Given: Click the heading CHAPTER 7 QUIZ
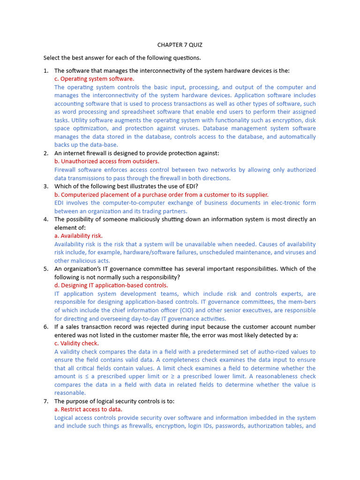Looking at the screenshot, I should pyautogui.click(x=180, y=45).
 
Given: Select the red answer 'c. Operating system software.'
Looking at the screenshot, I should pyautogui.click(x=94, y=79).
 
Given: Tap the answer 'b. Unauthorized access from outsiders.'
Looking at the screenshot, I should pyautogui.click(x=106, y=161).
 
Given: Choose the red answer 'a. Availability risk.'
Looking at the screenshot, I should pyautogui.click(x=78, y=236).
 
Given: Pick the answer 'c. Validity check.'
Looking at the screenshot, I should pyautogui.click(x=76, y=343).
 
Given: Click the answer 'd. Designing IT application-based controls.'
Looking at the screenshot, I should pyautogui.click(x=111, y=285).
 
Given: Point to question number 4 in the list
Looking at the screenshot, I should pyautogui.click(x=46, y=219).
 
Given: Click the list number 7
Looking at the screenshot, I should pyautogui.click(x=46, y=401).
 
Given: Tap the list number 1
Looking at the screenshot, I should pyautogui.click(x=46, y=71).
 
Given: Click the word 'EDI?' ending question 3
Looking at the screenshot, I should pyautogui.click(x=192, y=186).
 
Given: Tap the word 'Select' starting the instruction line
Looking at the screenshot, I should pyautogui.click(x=52, y=58).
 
